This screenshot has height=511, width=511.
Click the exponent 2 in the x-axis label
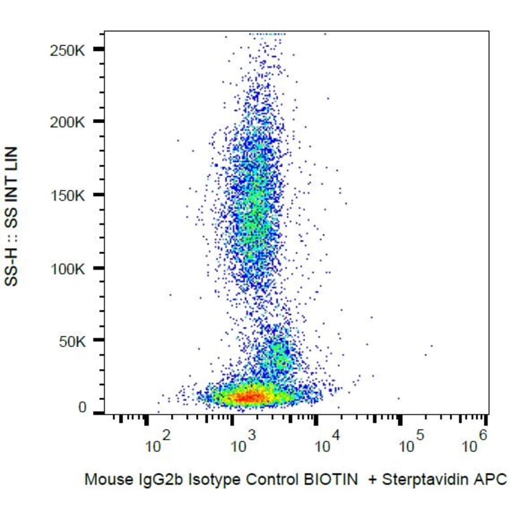tap(166, 435)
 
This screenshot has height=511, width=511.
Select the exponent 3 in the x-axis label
tap(252, 435)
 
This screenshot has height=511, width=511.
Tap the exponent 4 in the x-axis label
tap(336, 435)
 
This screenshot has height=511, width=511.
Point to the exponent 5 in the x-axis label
tap(421, 435)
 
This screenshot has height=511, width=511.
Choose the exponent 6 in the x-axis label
tap(483, 435)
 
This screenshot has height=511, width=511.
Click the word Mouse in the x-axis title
tap(101, 479)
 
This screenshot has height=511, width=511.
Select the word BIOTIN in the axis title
tap(334, 479)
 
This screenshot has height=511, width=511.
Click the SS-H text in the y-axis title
tap(11, 268)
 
